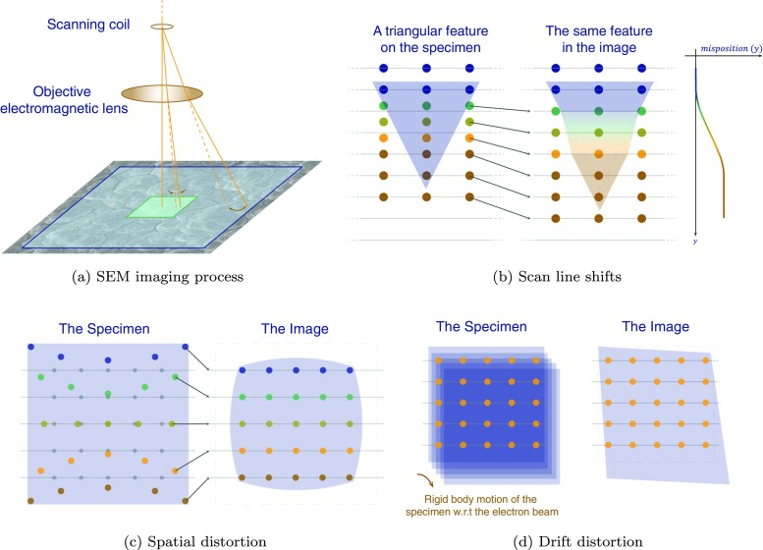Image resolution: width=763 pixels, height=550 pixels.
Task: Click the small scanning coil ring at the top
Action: point(163,27)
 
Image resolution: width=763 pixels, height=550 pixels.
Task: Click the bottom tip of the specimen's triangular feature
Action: point(425,188)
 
